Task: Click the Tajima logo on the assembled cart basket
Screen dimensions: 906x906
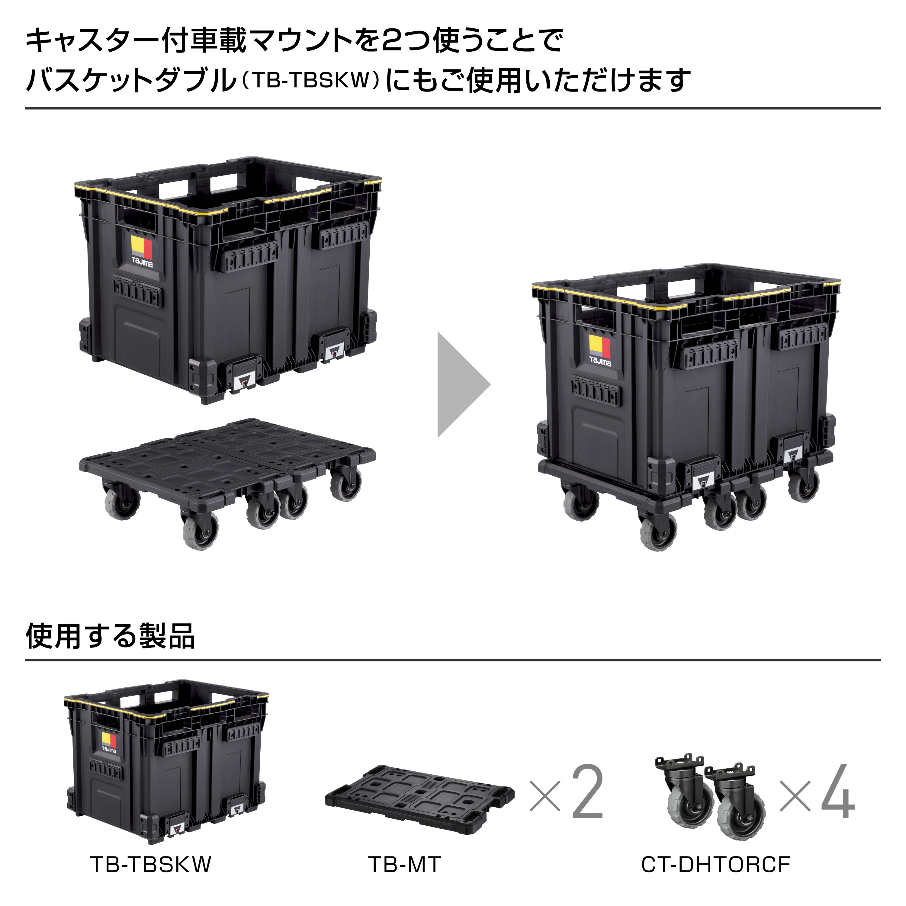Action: [x=600, y=350]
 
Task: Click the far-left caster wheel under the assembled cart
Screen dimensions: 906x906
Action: [x=580, y=505]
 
